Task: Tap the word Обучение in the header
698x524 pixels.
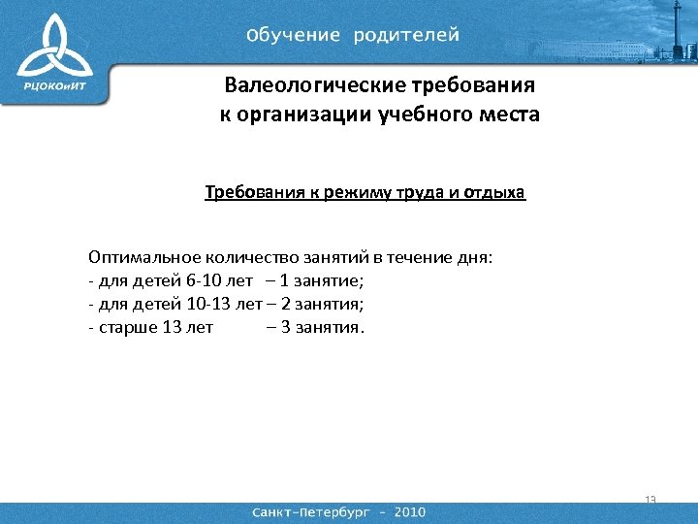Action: (x=294, y=35)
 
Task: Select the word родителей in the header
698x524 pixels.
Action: (x=406, y=35)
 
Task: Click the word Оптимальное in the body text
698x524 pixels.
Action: (x=144, y=257)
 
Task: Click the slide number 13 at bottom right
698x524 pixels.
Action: (x=650, y=500)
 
